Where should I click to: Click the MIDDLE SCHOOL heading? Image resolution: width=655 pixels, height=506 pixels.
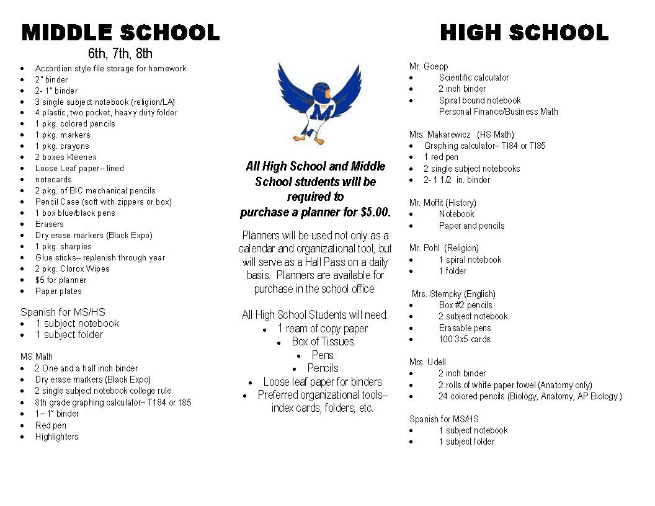click(x=120, y=32)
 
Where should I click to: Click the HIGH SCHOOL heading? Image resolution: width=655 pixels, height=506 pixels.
click(x=524, y=32)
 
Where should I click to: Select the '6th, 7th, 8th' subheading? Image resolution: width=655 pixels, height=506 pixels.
click(x=120, y=53)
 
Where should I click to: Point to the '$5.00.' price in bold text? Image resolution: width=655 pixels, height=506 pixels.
click(x=375, y=212)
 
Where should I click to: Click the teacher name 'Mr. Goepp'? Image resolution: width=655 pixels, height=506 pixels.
click(x=429, y=66)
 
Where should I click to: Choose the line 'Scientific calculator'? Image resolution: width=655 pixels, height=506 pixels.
click(x=473, y=78)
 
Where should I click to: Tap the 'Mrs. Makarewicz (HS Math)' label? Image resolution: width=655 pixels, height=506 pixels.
click(x=461, y=135)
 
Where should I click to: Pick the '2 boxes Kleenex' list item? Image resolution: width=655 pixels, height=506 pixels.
click(x=66, y=158)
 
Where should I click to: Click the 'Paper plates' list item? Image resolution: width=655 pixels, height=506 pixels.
click(x=58, y=291)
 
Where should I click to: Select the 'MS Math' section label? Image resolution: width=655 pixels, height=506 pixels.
click(x=37, y=357)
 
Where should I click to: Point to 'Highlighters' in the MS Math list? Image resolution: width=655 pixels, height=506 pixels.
click(x=57, y=437)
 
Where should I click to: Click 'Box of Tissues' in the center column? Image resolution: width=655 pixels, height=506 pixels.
click(x=323, y=342)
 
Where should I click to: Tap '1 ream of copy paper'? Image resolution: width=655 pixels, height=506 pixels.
click(x=323, y=329)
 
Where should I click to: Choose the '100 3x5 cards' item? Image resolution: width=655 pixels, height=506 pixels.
click(x=464, y=339)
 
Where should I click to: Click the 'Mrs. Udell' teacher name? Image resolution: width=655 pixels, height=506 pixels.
click(x=427, y=362)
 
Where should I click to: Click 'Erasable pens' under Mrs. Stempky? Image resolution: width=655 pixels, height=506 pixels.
click(x=465, y=328)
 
